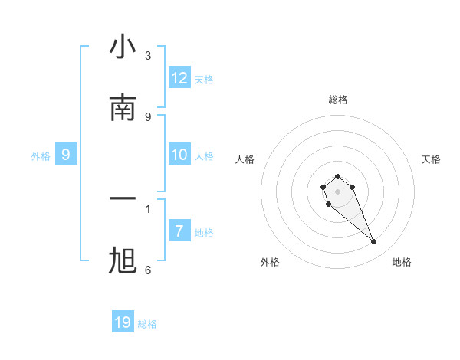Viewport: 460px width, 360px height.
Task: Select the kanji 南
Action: point(123,108)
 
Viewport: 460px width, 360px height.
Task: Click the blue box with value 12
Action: point(179,78)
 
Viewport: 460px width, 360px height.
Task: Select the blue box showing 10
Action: point(179,155)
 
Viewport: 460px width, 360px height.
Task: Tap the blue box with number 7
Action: point(179,231)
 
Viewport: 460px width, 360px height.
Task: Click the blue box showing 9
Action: point(66,155)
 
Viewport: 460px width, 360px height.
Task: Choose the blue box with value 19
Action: point(123,322)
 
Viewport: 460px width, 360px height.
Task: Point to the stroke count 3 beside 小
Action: point(148,55)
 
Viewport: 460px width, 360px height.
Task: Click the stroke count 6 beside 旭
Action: point(148,270)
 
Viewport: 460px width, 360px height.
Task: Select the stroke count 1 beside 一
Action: point(148,208)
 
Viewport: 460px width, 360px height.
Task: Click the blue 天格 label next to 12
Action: point(204,80)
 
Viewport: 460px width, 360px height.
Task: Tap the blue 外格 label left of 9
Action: point(41,156)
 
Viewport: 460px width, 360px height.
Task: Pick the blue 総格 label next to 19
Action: point(147,324)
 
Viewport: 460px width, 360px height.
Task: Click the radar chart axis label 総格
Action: point(338,100)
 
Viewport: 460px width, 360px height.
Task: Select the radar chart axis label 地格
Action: point(402,262)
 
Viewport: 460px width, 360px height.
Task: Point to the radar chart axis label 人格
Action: point(245,159)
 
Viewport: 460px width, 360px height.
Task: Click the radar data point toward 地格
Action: point(374,242)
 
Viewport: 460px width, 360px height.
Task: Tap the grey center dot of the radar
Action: point(337,191)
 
